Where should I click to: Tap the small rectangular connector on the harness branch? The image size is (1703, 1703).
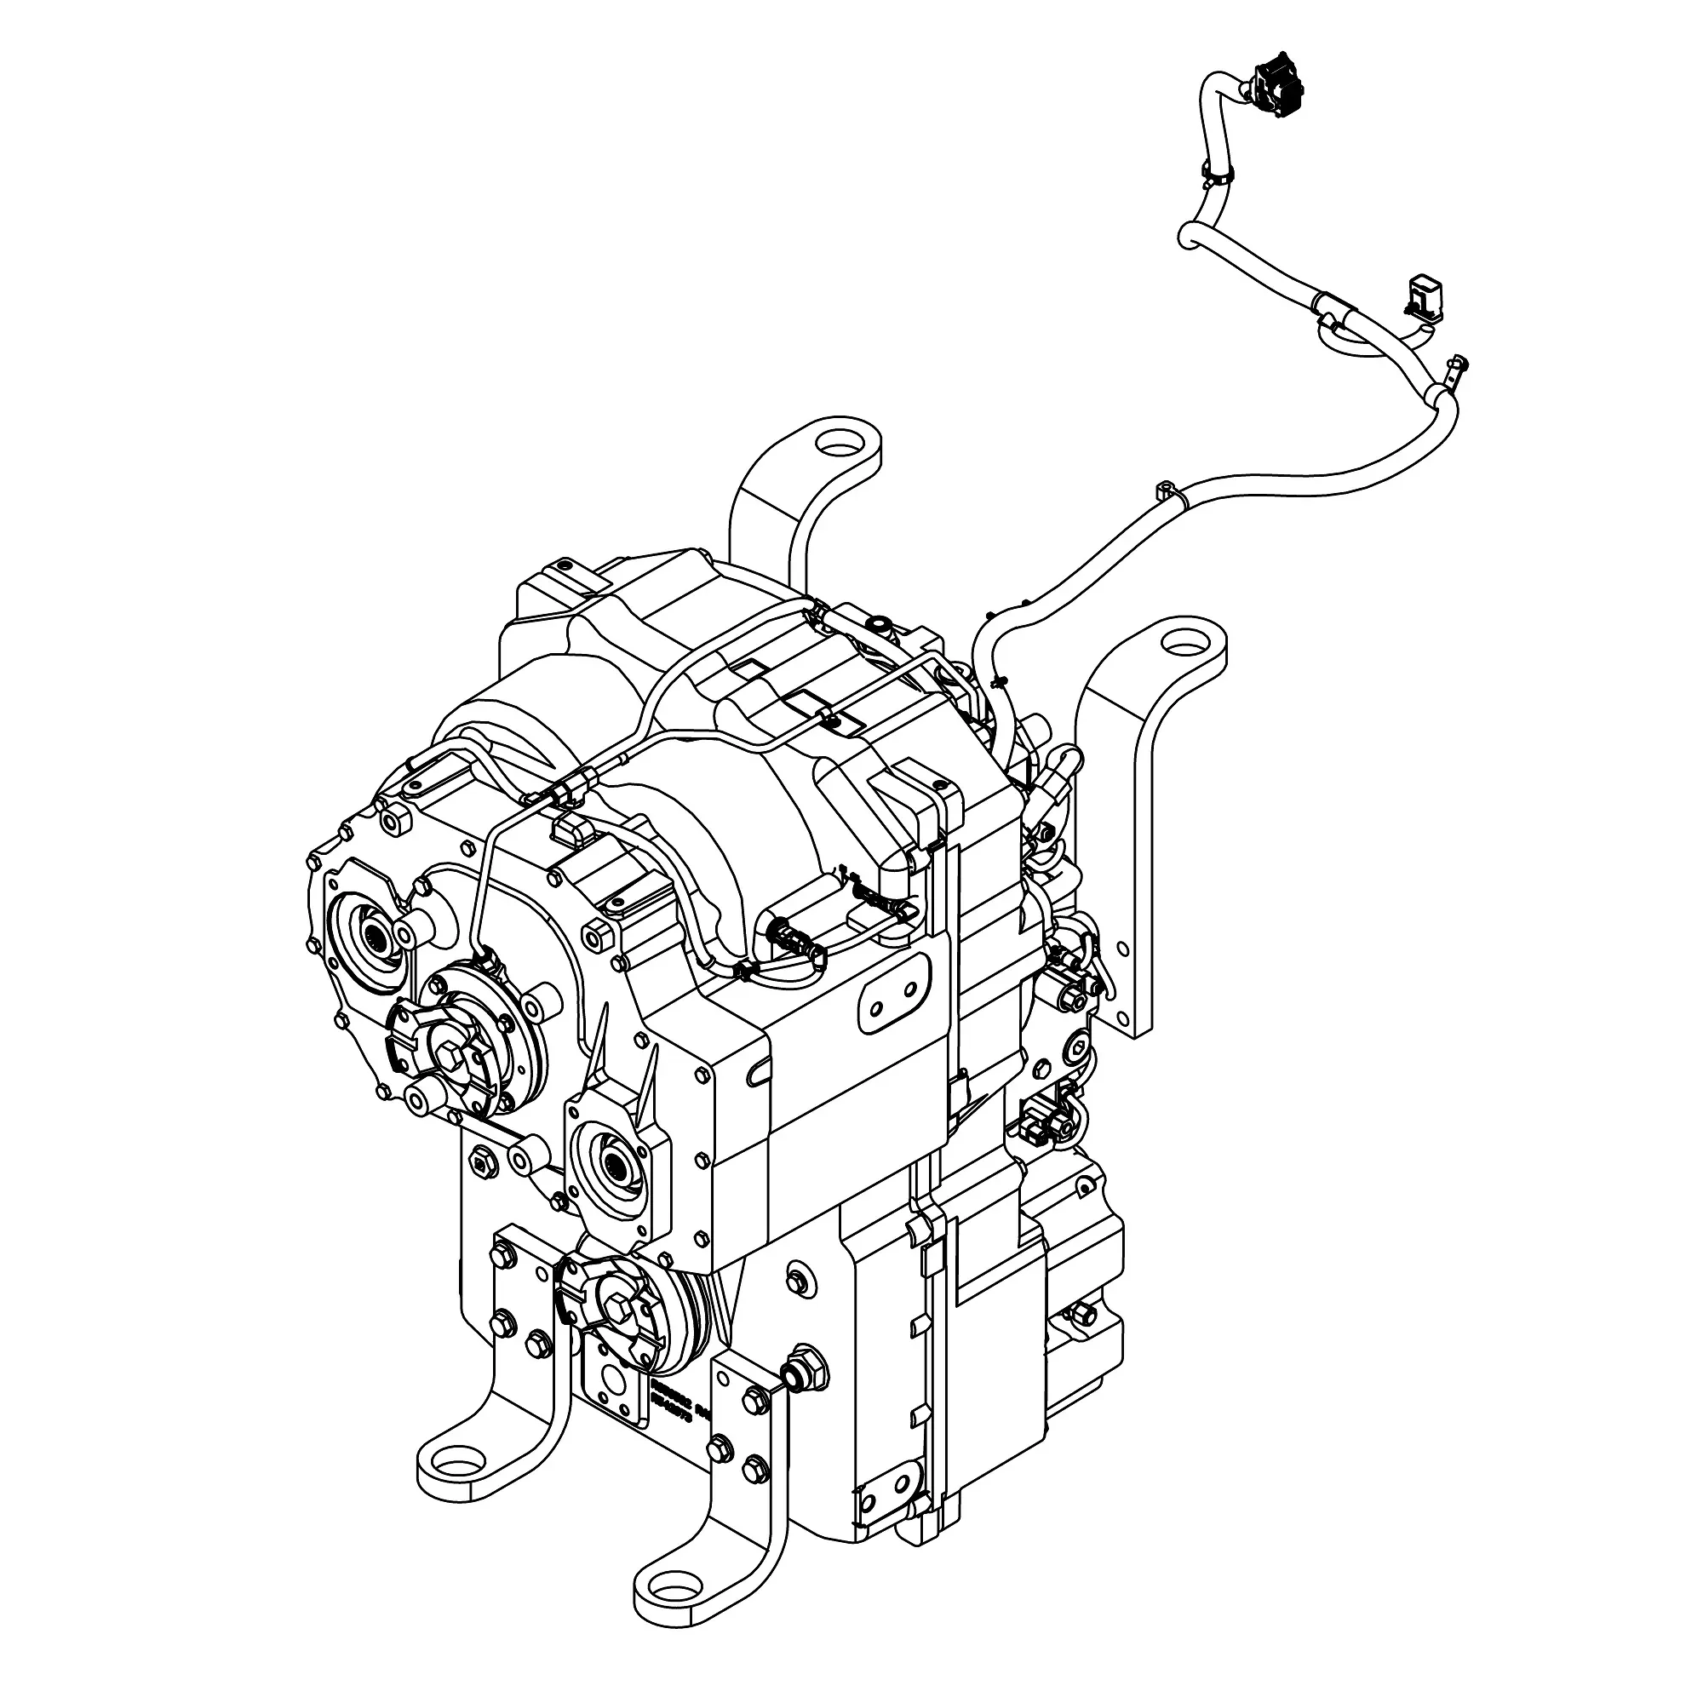[x=1425, y=296]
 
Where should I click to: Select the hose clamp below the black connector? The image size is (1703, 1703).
[x=1217, y=175]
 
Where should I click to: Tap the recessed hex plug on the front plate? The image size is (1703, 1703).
[x=481, y=1166]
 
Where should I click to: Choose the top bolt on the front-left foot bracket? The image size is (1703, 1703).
[x=505, y=1253]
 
